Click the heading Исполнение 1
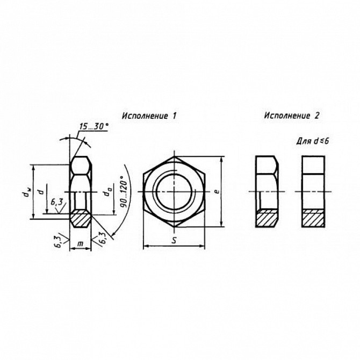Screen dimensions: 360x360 149,116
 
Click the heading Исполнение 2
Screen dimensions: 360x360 292,116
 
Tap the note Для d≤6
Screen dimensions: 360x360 313,141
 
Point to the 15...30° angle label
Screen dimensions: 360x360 93,126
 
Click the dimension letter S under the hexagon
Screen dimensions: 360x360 174,240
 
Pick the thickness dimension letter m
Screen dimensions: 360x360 80,243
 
